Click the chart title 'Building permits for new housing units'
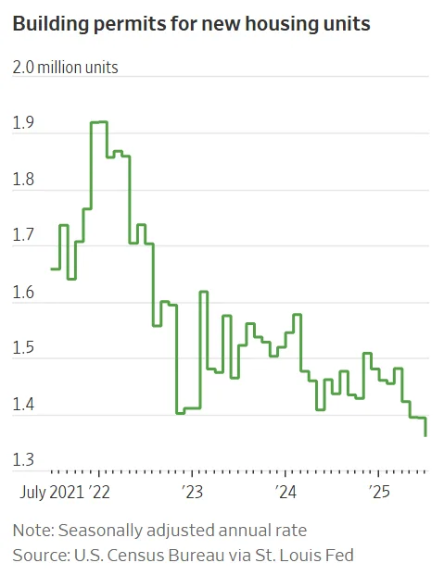click(191, 24)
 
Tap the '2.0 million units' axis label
click(65, 67)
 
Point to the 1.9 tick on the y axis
click(23, 122)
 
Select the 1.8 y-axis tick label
click(23, 179)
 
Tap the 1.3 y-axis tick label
click(23, 460)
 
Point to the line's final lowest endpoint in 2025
click(425, 435)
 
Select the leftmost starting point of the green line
click(52, 269)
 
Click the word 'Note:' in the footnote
click(34, 531)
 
